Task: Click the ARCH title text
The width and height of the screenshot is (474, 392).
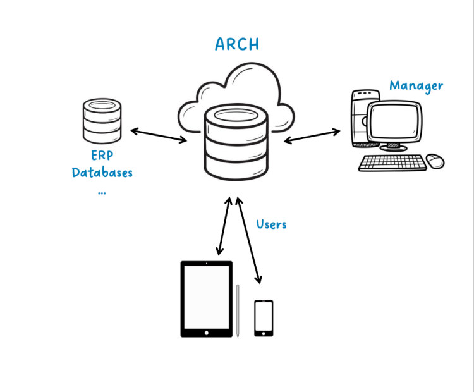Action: [x=237, y=44]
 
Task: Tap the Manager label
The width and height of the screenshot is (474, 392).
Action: [x=416, y=86]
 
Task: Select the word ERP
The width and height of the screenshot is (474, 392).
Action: [x=102, y=156]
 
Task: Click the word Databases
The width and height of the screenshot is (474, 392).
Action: [x=102, y=172]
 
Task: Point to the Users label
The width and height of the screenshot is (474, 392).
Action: [x=271, y=224]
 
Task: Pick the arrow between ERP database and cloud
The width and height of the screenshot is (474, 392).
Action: [x=158, y=135]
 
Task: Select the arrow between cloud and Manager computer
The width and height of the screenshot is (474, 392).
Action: [x=312, y=135]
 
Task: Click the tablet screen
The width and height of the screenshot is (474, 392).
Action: [x=206, y=297]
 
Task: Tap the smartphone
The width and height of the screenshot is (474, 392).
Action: [x=264, y=318]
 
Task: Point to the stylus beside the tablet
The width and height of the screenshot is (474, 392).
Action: [x=238, y=310]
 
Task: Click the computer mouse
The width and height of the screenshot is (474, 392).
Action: [x=435, y=161]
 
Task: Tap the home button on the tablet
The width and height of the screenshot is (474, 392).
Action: [x=206, y=331]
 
